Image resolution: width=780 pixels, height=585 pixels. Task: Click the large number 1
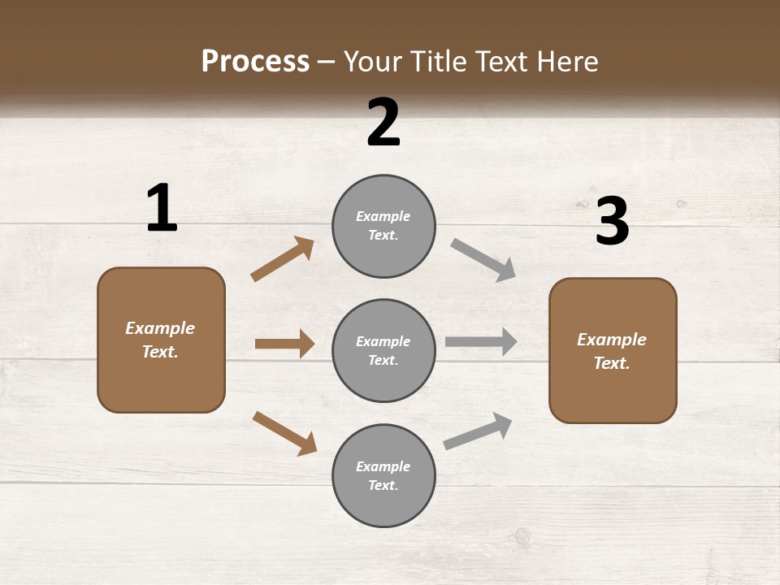162,209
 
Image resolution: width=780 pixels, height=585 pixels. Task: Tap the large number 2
383,123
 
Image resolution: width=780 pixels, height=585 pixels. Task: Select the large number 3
613,222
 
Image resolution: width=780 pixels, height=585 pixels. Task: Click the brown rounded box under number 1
161,340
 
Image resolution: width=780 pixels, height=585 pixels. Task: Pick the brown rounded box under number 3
613,350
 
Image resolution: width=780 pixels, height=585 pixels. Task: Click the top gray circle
383,226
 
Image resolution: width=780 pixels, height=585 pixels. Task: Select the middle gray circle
383,350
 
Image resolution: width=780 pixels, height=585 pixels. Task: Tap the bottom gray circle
383,475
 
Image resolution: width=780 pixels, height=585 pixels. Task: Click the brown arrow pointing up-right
283,259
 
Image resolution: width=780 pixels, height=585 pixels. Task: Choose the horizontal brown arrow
284,344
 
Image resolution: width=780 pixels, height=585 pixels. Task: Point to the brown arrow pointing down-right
284,433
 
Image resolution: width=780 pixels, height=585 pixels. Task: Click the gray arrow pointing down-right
483,260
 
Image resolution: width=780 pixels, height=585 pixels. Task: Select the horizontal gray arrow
481,342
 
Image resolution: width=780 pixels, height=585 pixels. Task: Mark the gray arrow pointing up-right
478,431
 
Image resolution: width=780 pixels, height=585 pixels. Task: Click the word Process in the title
255,62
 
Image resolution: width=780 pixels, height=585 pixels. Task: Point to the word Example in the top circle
383,216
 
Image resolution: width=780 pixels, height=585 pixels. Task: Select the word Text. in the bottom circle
383,485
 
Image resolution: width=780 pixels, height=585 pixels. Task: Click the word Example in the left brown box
160,328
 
